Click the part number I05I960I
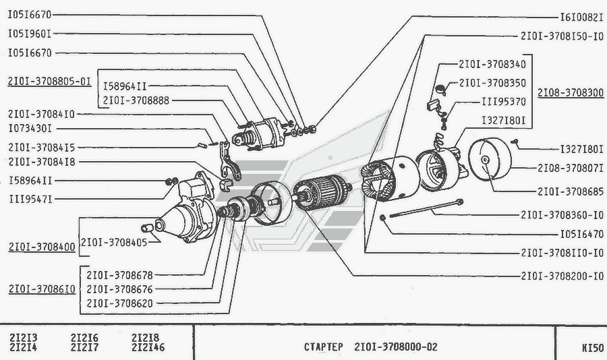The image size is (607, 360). click(30, 34)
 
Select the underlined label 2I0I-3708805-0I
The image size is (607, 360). click(49, 82)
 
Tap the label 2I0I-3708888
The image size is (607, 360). click(136, 100)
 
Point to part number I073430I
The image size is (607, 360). click(30, 128)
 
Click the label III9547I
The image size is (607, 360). click(30, 200)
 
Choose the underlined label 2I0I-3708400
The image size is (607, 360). click(42, 247)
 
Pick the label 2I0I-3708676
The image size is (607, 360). click(119, 289)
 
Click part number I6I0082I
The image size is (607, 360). click(582, 18)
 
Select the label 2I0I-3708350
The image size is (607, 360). click(492, 83)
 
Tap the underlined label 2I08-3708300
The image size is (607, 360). click(571, 92)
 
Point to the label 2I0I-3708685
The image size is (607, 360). click(571, 191)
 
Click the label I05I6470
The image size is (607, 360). click(582, 234)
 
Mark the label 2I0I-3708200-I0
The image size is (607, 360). click(562, 276)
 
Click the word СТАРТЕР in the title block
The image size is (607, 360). click(324, 347)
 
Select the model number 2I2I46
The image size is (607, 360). click(148, 347)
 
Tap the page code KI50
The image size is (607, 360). click(593, 348)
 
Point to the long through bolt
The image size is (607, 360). click(426, 208)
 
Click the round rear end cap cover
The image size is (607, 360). click(490, 158)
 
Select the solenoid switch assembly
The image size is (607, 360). click(260, 134)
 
